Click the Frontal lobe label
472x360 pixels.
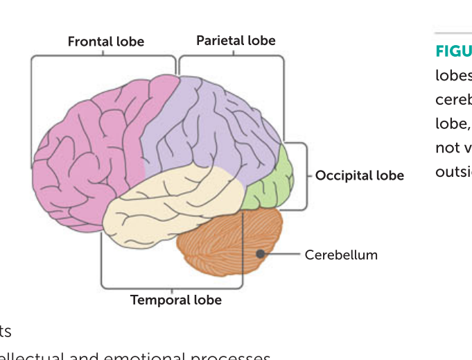(105, 42)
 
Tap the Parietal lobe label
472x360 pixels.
(236, 40)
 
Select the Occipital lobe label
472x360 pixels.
(359, 175)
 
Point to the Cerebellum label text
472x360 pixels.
(341, 255)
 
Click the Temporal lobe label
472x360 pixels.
(176, 300)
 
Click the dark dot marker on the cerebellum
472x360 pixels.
(261, 255)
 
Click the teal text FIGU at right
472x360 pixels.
(453, 51)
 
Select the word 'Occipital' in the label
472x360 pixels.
(344, 175)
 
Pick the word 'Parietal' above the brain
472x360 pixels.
(220, 40)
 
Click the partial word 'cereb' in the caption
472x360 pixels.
(453, 99)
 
